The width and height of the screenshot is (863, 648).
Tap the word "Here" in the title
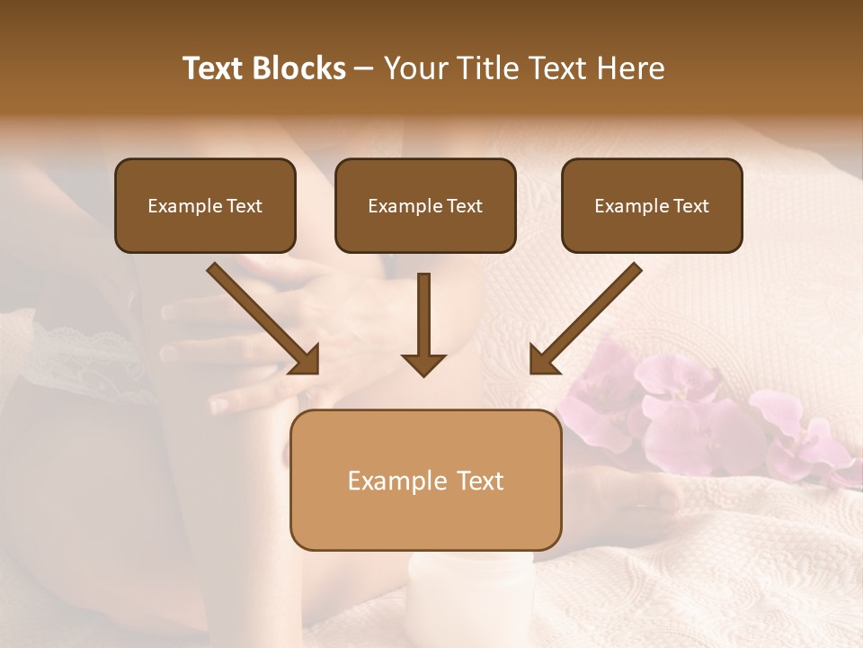point(631,68)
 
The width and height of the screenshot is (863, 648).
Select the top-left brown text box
point(205,205)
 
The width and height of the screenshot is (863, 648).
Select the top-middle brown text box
point(425,205)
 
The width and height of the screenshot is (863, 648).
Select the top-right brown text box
point(652,205)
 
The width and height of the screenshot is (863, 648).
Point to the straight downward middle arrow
point(423,319)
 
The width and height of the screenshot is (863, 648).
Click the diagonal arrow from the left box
point(261,317)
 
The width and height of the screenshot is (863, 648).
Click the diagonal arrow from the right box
point(588,317)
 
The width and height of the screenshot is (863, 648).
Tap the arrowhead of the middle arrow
point(423,364)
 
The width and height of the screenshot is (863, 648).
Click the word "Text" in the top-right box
point(690,206)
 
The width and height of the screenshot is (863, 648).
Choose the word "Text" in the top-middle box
point(464,206)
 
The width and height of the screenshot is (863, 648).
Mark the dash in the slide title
point(364,69)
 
